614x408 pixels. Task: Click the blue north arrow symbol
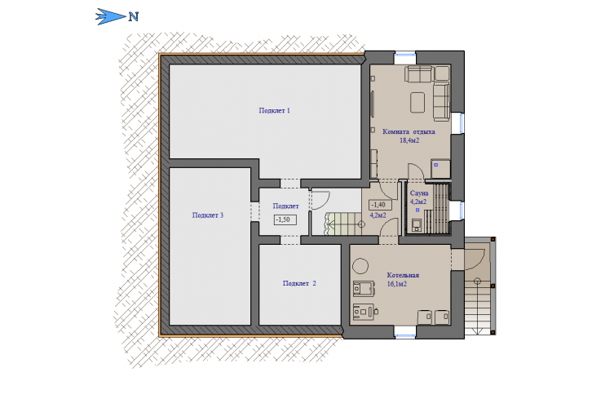point(110,16)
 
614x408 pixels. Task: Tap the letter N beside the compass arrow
point(134,17)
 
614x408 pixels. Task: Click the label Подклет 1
point(274,110)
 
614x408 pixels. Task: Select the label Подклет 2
point(299,283)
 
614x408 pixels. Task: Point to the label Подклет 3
point(208,215)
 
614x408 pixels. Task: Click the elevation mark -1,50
point(285,220)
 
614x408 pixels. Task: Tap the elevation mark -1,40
point(380,205)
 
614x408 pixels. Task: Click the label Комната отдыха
point(409,131)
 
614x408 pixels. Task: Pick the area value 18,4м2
point(409,140)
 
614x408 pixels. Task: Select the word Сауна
point(419,193)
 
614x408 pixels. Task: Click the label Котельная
point(403,275)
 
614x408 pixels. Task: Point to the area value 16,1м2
point(396,284)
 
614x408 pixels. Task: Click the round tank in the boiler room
point(360,266)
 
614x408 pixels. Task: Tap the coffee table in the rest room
point(417,102)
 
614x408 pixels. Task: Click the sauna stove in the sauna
point(417,225)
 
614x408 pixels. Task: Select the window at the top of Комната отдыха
point(405,58)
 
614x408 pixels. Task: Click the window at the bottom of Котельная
point(405,331)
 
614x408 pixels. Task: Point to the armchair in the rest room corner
point(442,73)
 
